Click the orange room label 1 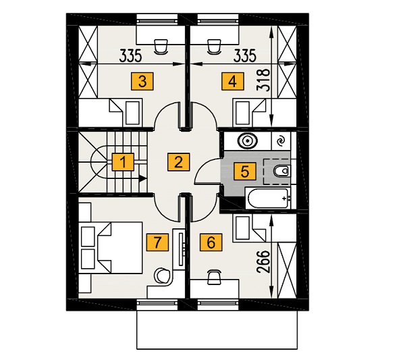(x=124, y=162)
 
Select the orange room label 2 (x=178, y=162)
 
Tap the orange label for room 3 (x=142, y=82)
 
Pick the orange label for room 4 (x=233, y=82)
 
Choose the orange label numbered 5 (x=245, y=172)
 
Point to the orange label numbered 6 (x=211, y=242)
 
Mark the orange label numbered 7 (x=157, y=242)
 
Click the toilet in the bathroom (x=281, y=171)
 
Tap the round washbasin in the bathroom (x=247, y=141)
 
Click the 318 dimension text (x=263, y=80)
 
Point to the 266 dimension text (x=263, y=261)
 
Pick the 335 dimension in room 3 (x=131, y=56)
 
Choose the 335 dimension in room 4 (x=244, y=56)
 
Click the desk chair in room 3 (x=161, y=47)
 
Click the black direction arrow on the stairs (x=142, y=178)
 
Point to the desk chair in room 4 (x=215, y=47)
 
